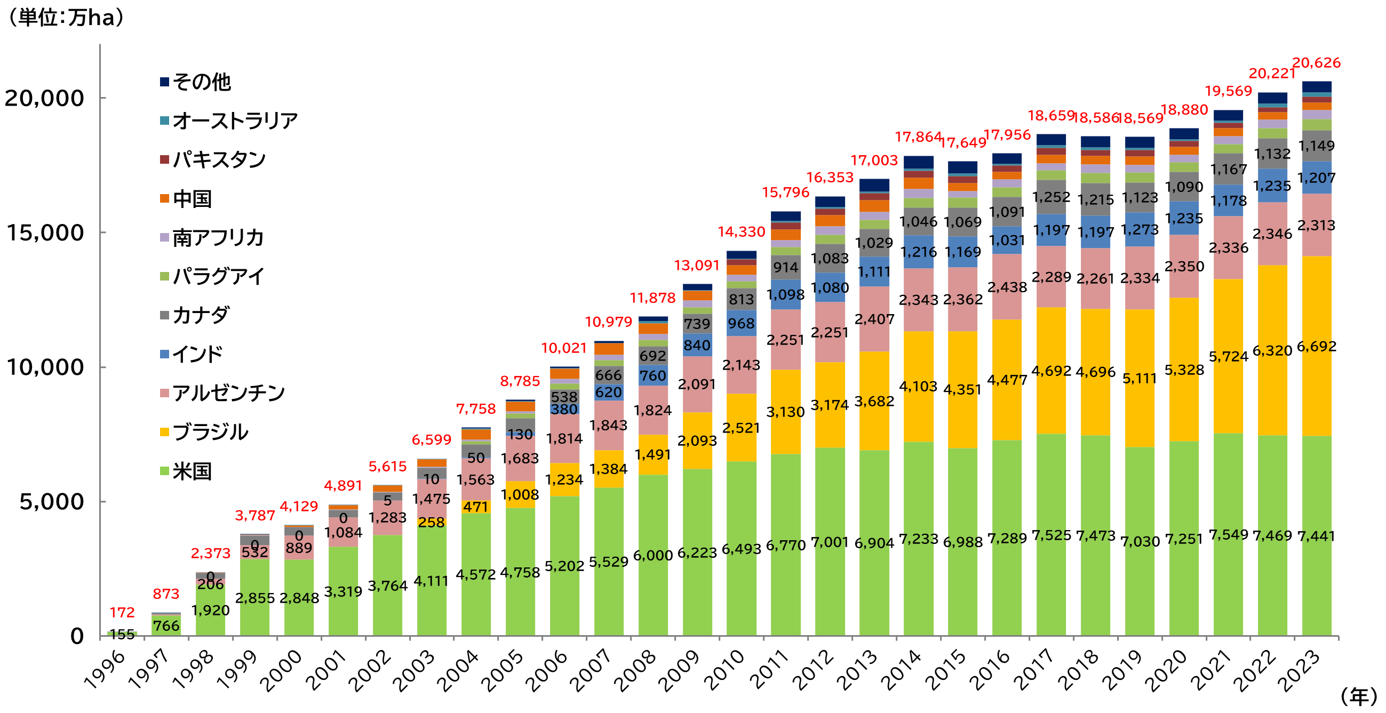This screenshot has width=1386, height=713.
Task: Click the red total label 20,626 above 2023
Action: (x=1316, y=63)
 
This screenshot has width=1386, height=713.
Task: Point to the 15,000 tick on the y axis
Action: (x=45, y=233)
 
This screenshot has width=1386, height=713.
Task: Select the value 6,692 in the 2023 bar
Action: (x=1316, y=346)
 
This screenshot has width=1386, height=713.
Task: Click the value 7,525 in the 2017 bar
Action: (x=1051, y=536)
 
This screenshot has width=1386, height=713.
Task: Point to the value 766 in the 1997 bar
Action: (x=166, y=626)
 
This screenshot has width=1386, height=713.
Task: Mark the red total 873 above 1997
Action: (x=166, y=594)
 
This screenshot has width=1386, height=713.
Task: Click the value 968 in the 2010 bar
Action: (x=741, y=323)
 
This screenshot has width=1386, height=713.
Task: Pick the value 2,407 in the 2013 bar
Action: (x=874, y=319)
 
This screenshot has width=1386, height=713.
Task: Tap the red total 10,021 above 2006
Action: (x=563, y=348)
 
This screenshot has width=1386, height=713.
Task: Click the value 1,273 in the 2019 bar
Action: (x=1139, y=230)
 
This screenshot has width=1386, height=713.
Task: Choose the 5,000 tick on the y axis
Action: (x=52, y=502)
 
